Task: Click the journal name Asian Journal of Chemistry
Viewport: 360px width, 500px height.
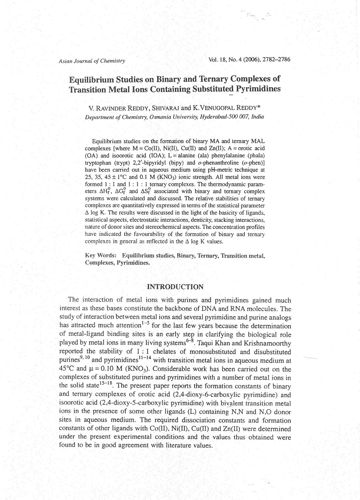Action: coord(92,61)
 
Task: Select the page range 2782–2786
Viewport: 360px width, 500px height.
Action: coord(276,60)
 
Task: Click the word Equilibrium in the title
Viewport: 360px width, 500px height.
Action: coord(91,79)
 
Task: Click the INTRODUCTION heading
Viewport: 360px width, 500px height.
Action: coord(175,287)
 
